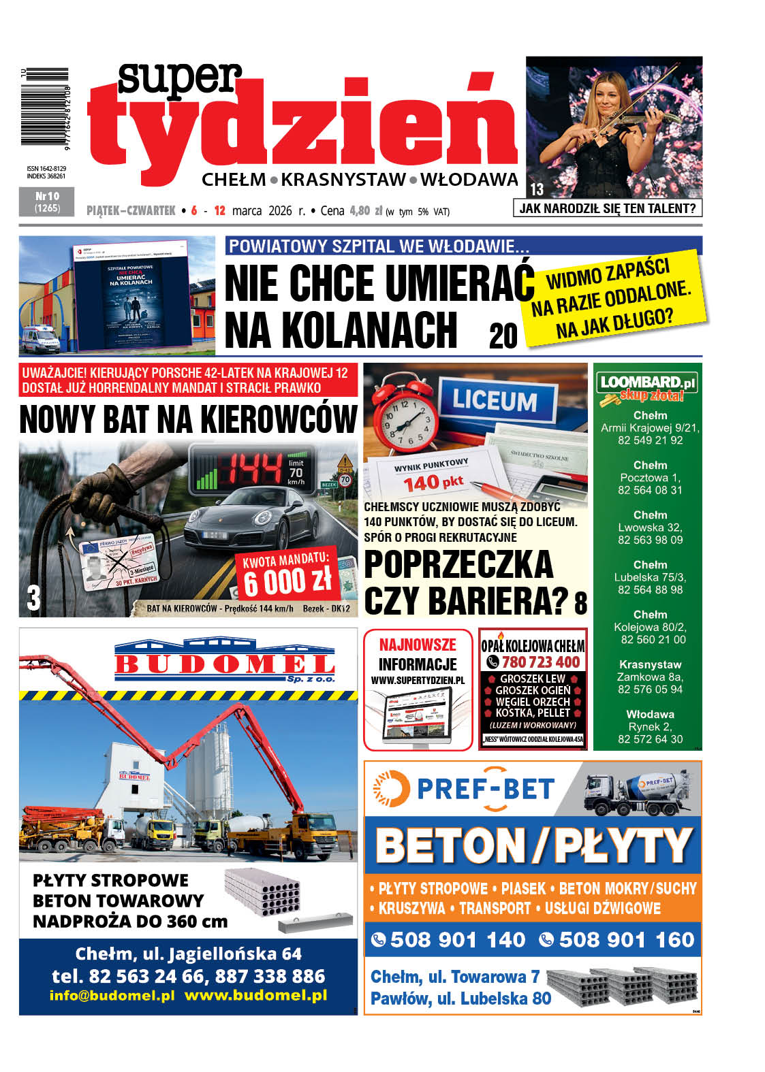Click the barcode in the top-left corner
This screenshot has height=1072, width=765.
tap(45, 106)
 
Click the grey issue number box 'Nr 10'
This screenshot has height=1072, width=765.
tap(48, 202)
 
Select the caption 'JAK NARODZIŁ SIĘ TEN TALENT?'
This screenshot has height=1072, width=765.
tap(607, 208)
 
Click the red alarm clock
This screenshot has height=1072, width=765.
tap(406, 412)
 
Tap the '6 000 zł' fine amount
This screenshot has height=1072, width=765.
tap(287, 581)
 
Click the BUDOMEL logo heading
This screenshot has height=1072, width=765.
tap(225, 662)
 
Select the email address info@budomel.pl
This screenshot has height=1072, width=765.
tap(112, 995)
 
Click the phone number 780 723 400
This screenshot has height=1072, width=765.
tap(540, 662)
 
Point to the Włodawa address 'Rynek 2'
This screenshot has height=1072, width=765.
tap(650, 726)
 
